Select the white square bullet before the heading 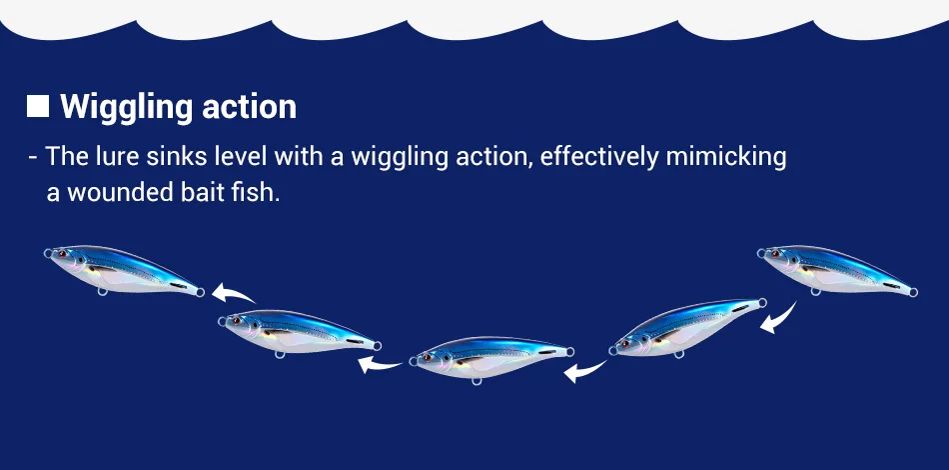(x=38, y=106)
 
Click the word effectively (x=598, y=157)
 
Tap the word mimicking (x=725, y=157)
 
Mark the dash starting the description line (x=33, y=158)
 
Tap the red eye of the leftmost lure (x=61, y=254)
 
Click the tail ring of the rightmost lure (x=913, y=293)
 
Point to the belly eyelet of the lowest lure (x=476, y=380)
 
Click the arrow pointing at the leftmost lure (x=234, y=293)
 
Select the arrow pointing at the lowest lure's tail (x=584, y=371)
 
